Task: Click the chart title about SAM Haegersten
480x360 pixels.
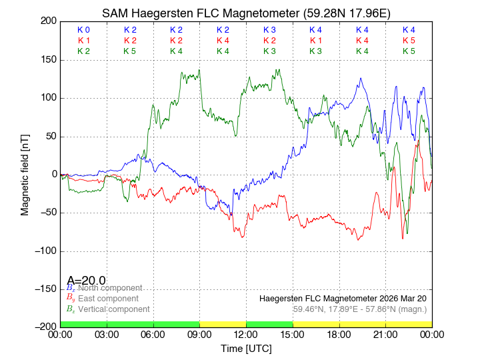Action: (246, 13)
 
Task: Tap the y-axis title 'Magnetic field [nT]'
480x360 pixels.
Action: (25, 174)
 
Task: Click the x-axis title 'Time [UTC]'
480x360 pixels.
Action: (246, 349)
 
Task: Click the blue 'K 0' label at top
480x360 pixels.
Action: (83, 30)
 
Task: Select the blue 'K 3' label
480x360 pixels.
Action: (269, 30)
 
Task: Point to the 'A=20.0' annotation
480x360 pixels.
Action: (86, 281)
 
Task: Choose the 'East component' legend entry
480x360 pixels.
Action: (108, 299)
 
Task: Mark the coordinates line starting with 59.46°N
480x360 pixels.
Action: (360, 309)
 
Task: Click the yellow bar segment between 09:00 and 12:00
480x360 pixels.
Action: (223, 324)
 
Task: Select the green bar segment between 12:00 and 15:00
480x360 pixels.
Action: (269, 324)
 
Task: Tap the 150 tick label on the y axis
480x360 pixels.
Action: (47, 60)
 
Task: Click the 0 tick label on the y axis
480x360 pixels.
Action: (53, 175)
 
